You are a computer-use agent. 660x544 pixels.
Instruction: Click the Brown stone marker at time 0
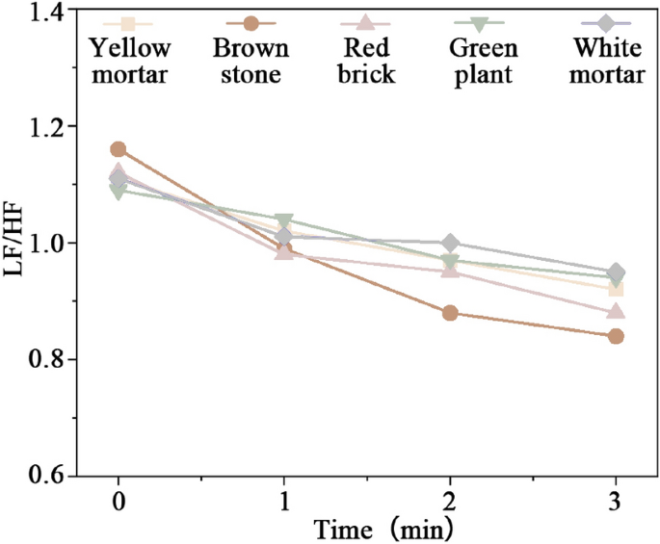118,149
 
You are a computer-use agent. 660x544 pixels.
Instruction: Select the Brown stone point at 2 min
449,313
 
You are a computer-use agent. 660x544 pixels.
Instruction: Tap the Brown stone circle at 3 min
616,336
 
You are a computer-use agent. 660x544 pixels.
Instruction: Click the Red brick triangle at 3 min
616,312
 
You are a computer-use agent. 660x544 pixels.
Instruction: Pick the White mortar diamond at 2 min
449,243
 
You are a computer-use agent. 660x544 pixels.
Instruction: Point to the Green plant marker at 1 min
283,220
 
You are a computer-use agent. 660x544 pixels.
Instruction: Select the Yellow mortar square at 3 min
616,289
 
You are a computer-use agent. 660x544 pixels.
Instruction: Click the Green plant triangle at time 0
118,192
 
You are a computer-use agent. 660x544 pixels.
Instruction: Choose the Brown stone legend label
251,61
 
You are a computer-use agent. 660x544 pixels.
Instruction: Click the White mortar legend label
608,61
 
